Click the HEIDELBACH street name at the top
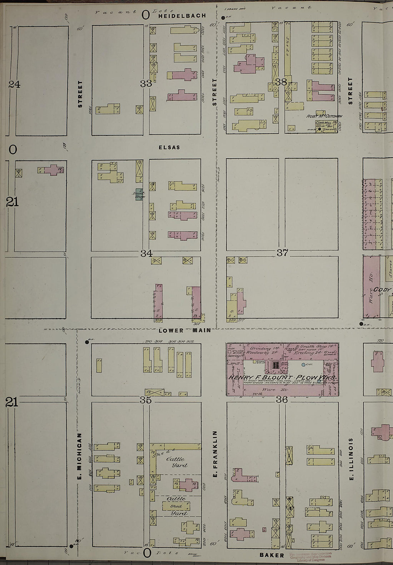182,16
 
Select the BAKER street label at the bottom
272,555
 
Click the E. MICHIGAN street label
80,456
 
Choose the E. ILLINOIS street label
351,459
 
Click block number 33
146,84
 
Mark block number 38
281,82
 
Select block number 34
146,253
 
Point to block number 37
282,253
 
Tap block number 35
145,400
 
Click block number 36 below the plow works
282,400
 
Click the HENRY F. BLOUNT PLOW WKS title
282,377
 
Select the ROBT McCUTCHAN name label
324,116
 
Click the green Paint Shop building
139,194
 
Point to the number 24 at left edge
14,84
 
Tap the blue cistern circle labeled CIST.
303,365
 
